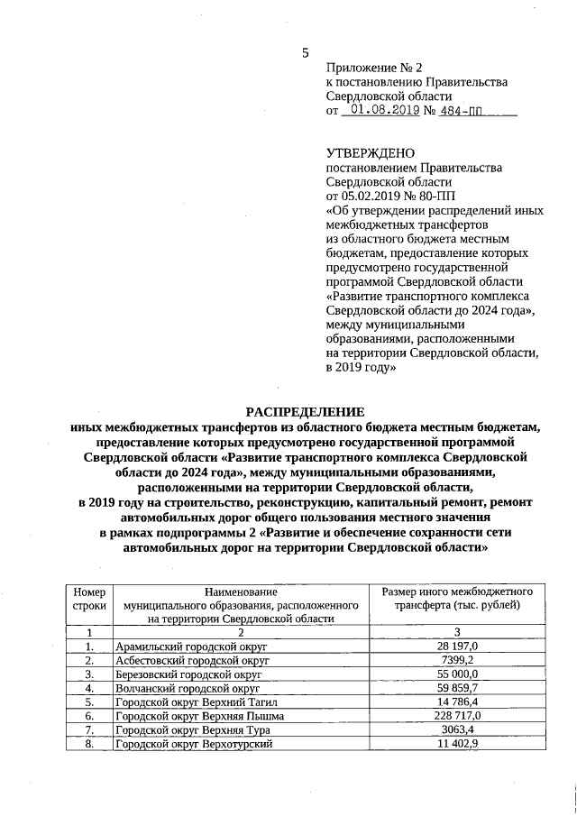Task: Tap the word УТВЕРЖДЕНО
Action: point(370,154)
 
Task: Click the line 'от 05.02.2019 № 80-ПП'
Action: point(392,194)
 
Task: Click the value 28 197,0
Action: point(457,646)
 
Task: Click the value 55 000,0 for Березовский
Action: point(457,674)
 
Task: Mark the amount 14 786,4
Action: point(457,701)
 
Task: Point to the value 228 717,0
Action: point(457,716)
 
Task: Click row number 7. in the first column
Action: point(89,729)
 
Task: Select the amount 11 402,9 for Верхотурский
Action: point(457,744)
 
